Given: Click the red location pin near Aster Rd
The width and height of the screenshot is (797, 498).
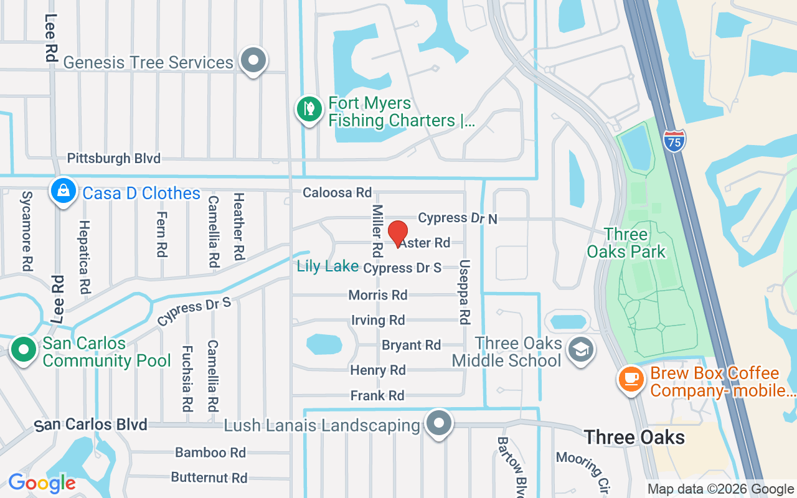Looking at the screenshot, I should point(398,234).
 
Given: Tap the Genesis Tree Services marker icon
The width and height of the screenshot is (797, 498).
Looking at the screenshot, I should point(253,61).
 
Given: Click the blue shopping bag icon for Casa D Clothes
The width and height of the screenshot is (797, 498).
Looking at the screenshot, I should point(63,191).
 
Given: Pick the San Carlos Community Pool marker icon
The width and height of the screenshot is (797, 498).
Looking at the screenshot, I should point(24,350).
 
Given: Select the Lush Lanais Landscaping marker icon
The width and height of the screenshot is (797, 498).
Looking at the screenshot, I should point(439,423).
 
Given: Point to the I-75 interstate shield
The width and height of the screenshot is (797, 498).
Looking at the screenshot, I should point(674,140).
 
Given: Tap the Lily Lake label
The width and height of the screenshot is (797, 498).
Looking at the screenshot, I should point(328,266).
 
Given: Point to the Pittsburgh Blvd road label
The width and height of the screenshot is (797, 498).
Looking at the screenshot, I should point(113,158).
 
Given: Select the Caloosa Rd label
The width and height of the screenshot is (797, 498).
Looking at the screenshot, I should point(337,193).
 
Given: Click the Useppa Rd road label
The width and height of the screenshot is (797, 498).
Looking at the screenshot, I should point(464,291).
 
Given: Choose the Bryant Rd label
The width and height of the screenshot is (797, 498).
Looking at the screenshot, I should point(411,345).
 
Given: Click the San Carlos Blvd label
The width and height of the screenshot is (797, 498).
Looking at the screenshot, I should point(91,425).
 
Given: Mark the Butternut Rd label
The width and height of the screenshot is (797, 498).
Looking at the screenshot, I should point(209,478).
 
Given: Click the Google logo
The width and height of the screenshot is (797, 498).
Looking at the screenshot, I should point(42,482).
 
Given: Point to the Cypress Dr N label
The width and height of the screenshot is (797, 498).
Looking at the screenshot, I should point(458,218).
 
